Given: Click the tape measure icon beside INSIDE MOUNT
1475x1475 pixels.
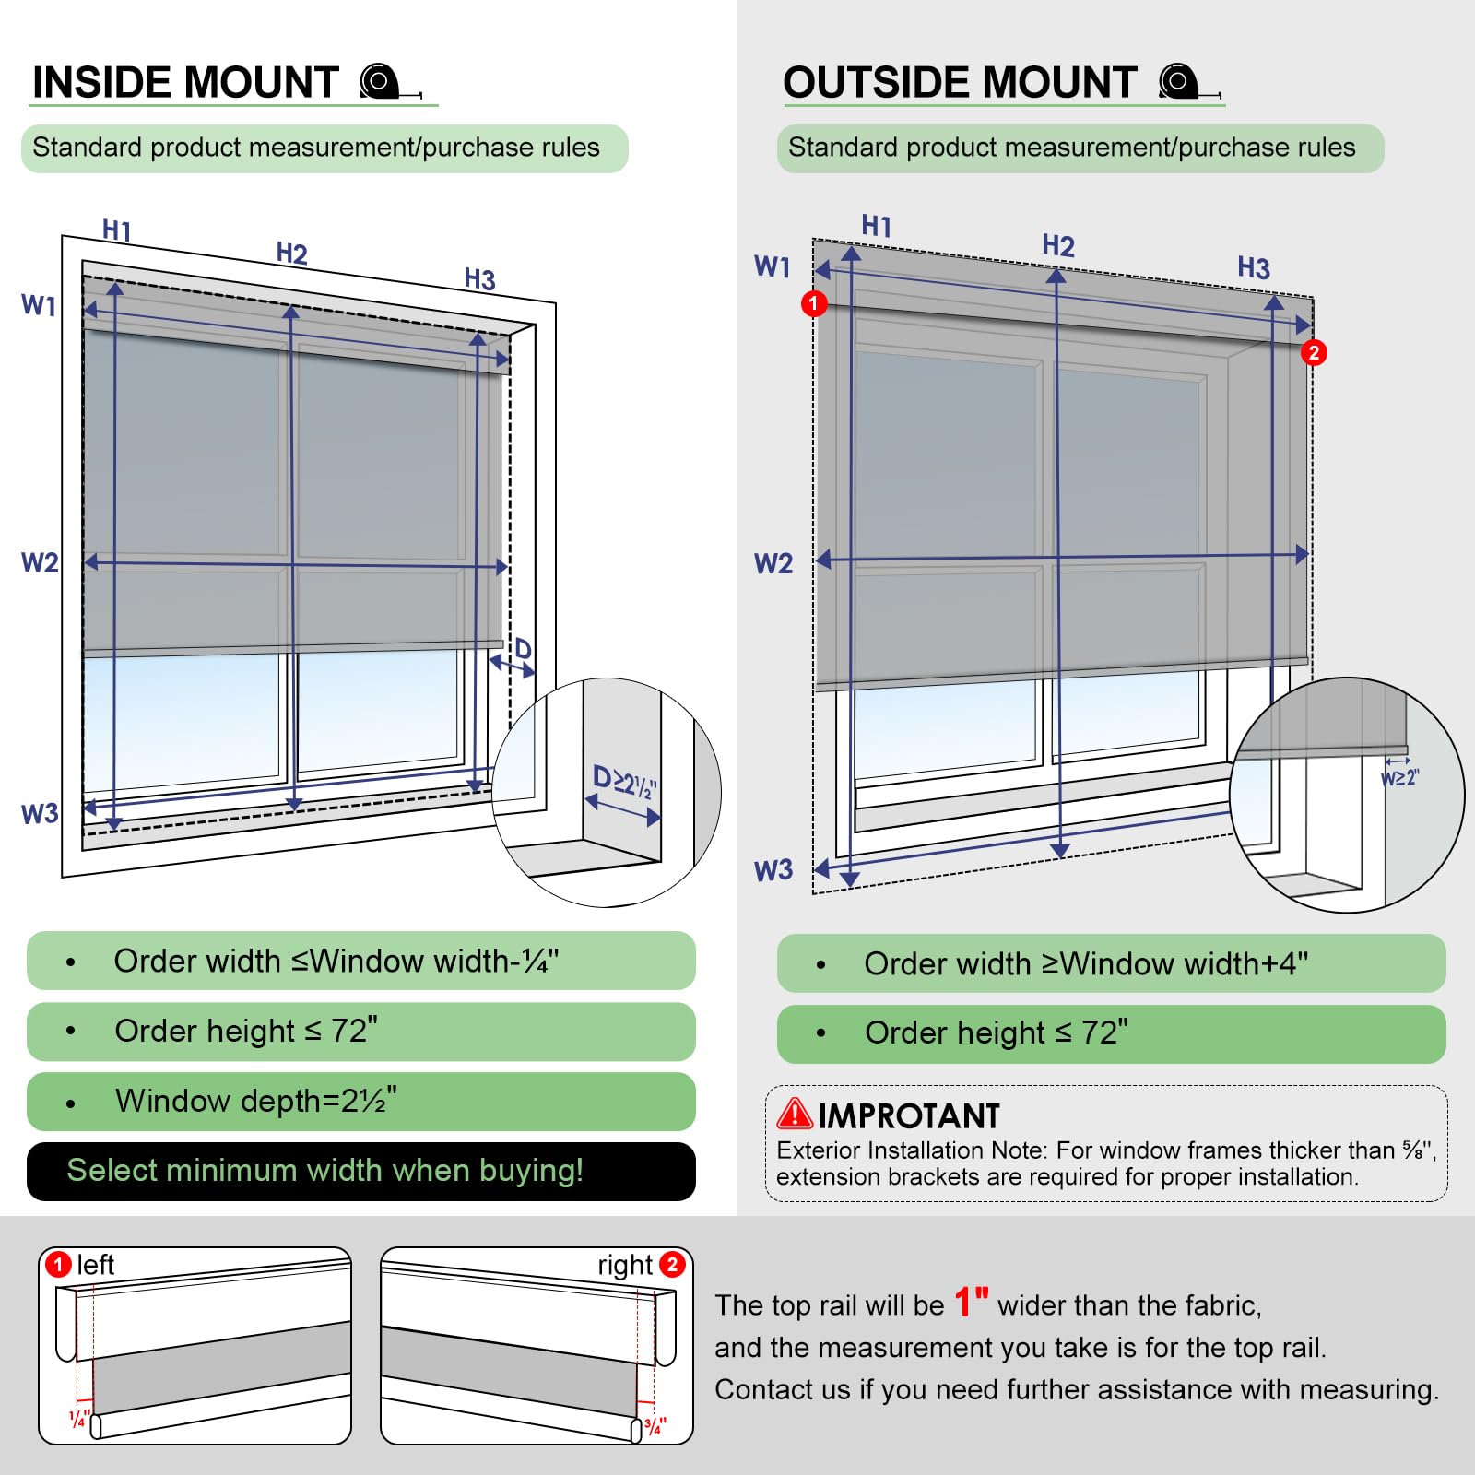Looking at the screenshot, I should [x=386, y=82].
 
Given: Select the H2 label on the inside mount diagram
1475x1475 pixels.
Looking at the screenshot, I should [x=291, y=254].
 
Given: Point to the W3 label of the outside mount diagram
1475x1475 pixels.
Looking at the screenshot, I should [x=773, y=870].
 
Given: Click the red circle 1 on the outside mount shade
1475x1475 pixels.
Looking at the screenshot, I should [x=814, y=303].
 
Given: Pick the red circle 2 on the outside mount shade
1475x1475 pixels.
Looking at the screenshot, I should [x=1314, y=352].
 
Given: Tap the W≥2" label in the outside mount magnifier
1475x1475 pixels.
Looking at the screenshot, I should [x=1399, y=778].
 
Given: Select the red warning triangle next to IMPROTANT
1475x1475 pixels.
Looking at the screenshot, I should [x=794, y=1115].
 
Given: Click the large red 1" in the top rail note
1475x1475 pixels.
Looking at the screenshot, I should [x=971, y=1303].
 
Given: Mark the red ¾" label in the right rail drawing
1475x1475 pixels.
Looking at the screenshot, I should [x=655, y=1426].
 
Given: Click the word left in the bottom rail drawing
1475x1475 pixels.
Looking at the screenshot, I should [x=95, y=1265].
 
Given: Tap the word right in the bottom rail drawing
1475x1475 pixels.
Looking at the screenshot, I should [x=624, y=1266].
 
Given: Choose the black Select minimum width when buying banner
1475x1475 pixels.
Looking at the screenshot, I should [x=361, y=1171].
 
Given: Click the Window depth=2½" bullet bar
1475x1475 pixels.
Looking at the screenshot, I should [x=361, y=1101].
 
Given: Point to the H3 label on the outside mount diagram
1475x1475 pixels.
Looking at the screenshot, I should [x=1253, y=268].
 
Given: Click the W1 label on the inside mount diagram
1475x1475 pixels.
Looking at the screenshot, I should [x=39, y=305].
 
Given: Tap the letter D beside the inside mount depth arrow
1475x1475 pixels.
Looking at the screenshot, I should [x=523, y=649].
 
